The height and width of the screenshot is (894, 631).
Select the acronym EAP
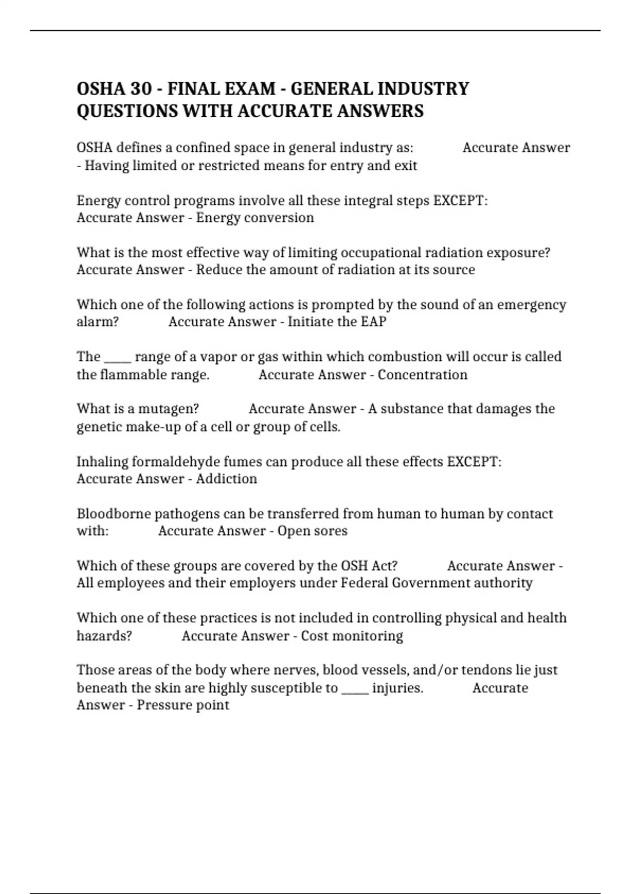(x=373, y=322)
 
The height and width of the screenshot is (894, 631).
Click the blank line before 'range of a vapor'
(x=118, y=358)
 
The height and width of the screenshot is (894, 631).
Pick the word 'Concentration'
(x=422, y=375)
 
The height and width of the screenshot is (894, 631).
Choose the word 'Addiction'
(x=227, y=479)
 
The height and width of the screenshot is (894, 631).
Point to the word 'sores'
(x=329, y=531)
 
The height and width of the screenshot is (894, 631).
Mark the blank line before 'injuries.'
(x=355, y=688)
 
